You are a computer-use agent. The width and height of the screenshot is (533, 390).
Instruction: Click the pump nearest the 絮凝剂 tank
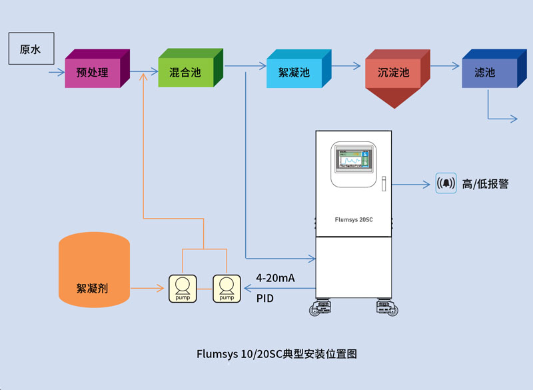pos(183,289)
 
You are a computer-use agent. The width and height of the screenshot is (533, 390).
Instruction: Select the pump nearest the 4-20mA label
pos(227,289)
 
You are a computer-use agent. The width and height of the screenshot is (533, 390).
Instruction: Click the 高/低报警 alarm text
pos(485,184)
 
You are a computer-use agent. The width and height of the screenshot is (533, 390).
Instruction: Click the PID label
pos(265,298)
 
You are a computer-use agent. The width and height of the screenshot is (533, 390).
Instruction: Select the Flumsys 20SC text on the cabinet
pos(353,219)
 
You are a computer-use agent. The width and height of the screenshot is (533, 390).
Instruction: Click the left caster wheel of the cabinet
pos(320,307)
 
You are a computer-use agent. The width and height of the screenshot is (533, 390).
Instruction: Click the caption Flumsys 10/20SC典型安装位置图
pos(276,354)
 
